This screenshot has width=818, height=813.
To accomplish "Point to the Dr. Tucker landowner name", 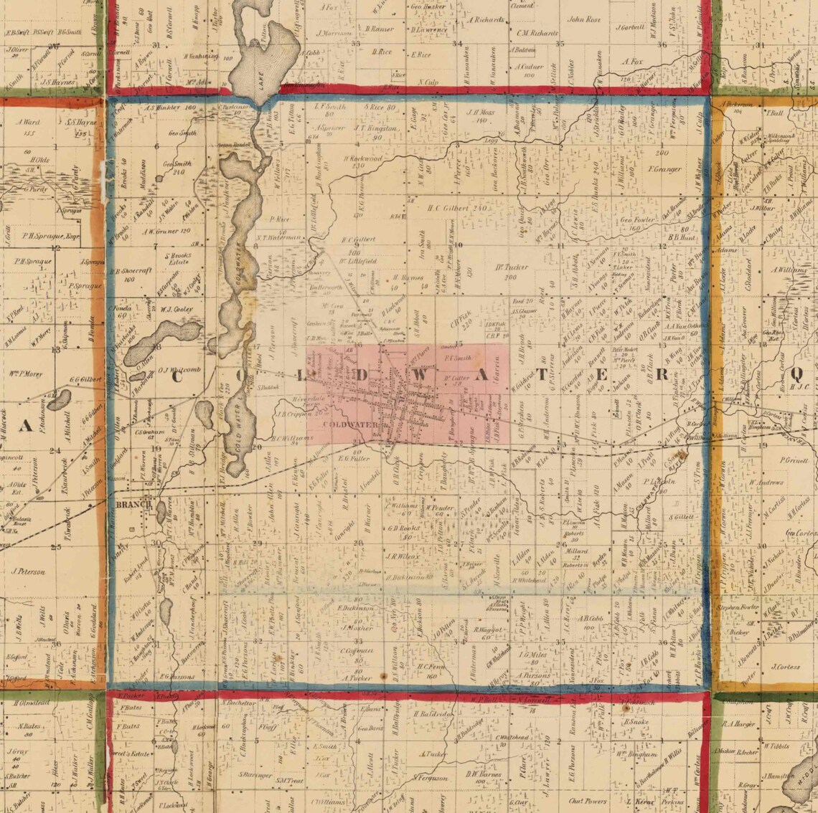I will coord(511,267).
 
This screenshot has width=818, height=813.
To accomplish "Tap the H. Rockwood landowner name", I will coord(362,158).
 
